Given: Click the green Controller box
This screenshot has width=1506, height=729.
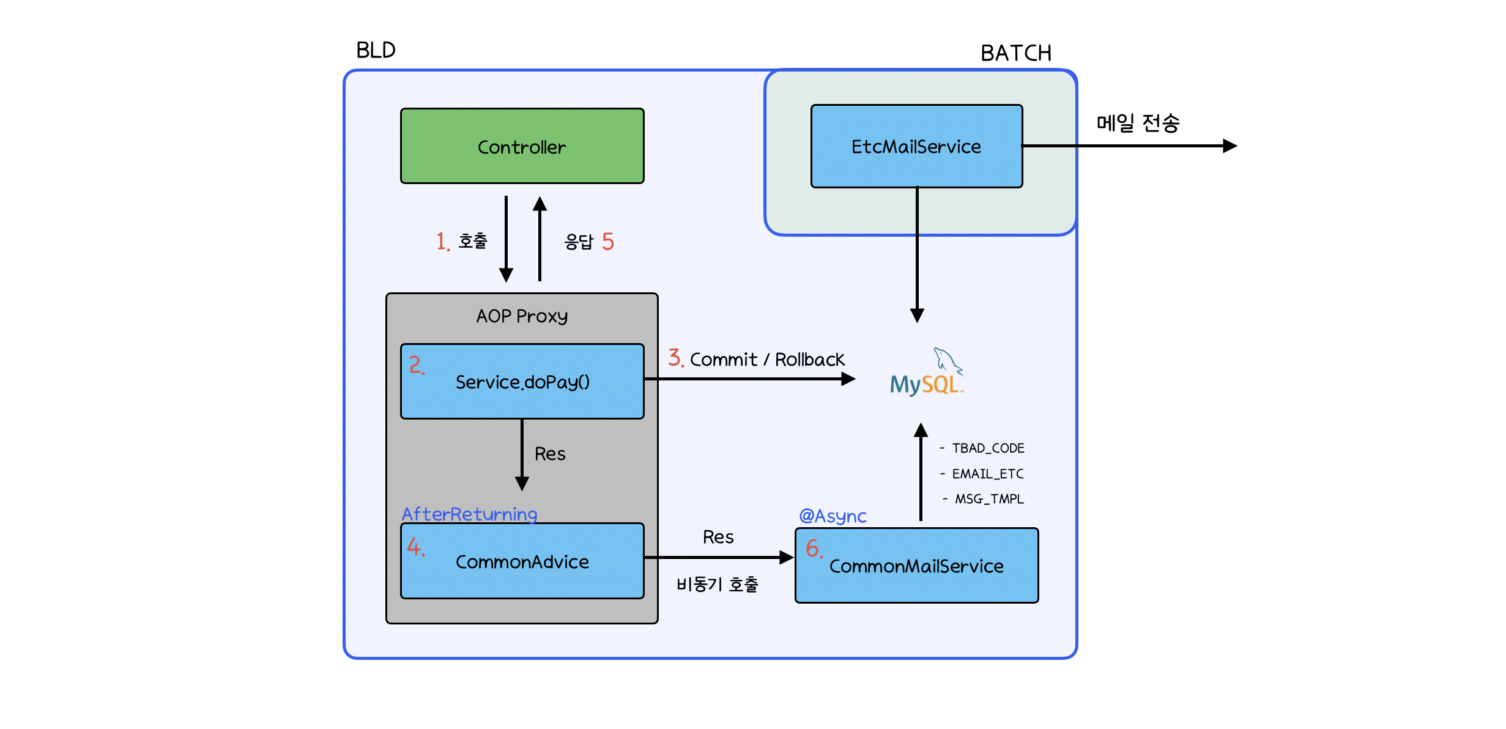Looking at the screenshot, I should click(522, 146).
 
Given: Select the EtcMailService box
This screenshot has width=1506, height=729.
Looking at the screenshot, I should click(916, 146).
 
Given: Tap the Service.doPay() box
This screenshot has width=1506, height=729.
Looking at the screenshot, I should click(522, 382).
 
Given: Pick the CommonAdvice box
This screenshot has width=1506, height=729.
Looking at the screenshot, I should click(522, 561).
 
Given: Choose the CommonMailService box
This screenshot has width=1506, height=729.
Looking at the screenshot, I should click(916, 566).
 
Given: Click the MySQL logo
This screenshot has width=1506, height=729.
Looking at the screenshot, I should click(925, 374).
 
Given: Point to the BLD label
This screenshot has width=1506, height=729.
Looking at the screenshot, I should click(376, 50).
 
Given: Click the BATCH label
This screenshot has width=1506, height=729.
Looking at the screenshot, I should click(1015, 53).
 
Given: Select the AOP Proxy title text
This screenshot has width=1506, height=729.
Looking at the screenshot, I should click(522, 316).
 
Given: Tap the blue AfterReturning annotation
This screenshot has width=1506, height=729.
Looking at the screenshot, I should click(469, 514).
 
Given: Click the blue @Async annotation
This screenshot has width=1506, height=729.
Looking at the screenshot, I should click(833, 516).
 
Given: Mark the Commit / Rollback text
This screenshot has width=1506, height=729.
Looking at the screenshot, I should click(766, 360).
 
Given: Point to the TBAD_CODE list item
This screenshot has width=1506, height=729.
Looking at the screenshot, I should click(987, 448).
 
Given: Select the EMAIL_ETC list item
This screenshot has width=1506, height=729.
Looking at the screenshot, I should click(987, 474).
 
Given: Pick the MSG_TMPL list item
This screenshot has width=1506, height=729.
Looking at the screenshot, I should click(989, 499).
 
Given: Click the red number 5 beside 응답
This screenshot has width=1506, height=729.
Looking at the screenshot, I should click(607, 242).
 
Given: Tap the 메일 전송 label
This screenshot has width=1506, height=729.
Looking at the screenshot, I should click(1137, 124).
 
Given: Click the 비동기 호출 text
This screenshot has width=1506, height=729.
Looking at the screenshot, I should click(717, 585).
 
